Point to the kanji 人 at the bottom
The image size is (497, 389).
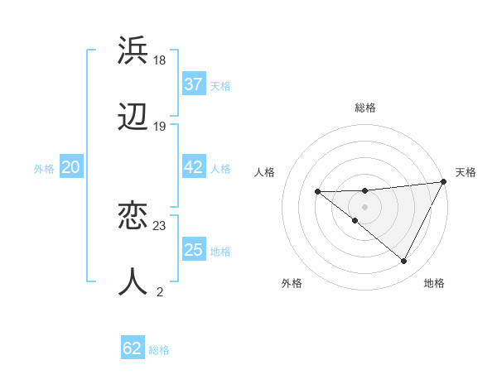coord(133,281)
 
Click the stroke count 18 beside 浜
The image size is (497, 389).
coord(160,60)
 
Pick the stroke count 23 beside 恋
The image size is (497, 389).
coord(160,225)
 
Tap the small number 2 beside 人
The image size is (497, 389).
coord(159,291)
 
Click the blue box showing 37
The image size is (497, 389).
coord(193,84)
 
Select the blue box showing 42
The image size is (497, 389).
coord(193,167)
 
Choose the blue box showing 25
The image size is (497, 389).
coord(193,250)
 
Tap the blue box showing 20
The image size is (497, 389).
coord(70,167)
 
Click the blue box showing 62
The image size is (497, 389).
coord(132,348)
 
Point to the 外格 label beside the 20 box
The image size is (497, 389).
coord(44,169)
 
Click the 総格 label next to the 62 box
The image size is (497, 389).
coord(159,350)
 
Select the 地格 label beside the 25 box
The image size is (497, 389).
coord(220,252)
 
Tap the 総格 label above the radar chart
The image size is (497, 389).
coord(365,108)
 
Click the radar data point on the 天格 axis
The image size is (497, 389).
coord(445,182)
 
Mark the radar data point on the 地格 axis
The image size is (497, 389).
coord(404,262)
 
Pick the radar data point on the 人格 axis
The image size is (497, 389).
coord(317,191)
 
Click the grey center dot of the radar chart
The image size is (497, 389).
coord(364,206)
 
